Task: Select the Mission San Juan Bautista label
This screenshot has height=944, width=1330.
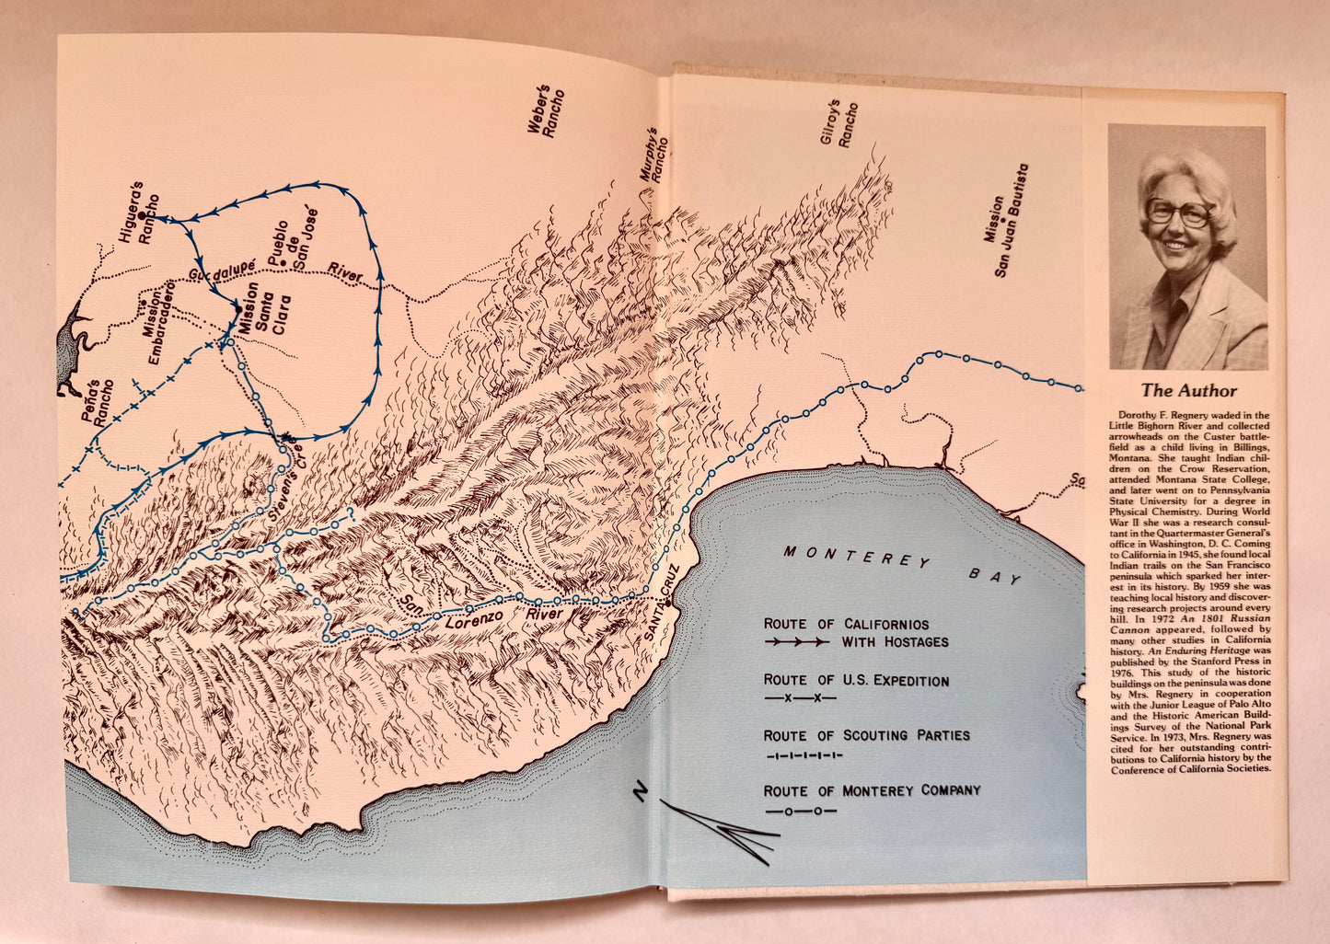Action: [1005, 221]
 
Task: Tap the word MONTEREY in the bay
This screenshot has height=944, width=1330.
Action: [856, 558]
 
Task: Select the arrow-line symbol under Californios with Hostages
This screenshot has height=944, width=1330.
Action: [796, 642]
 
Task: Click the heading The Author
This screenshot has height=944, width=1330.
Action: [1188, 390]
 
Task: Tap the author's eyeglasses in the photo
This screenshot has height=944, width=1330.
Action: [1179, 213]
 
